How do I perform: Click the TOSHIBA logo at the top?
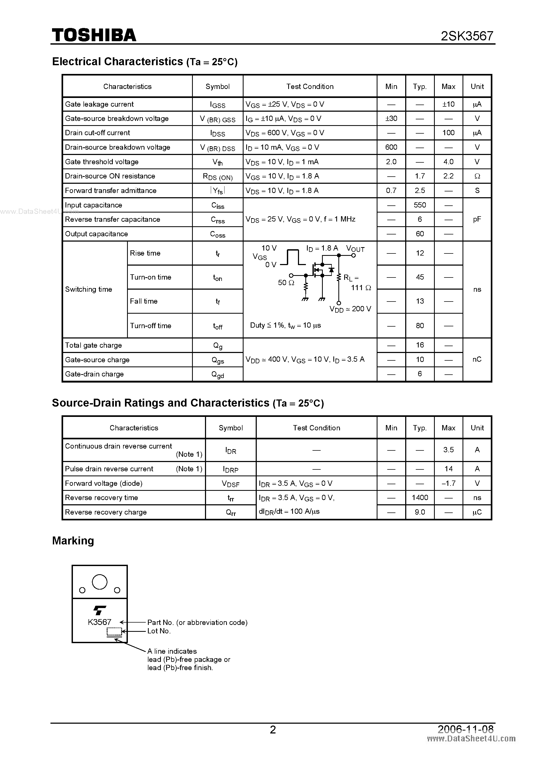(x=94, y=35)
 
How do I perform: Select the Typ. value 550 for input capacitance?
(x=419, y=205)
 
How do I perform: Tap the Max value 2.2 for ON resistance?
(x=448, y=176)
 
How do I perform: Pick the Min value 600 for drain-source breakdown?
(x=391, y=147)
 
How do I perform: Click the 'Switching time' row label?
(x=88, y=289)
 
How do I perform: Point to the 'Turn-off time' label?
(x=150, y=326)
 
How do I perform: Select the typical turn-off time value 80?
(x=419, y=326)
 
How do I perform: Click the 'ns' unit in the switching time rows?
(x=477, y=289)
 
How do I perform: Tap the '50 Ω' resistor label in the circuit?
(x=286, y=283)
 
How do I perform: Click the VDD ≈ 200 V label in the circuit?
(x=350, y=309)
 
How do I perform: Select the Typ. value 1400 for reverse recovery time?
(x=419, y=498)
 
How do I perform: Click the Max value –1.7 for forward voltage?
(x=448, y=483)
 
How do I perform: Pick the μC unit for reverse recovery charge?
(x=477, y=512)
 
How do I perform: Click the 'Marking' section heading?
(x=73, y=541)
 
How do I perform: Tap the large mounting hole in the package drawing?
(x=100, y=582)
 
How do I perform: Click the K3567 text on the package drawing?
(x=100, y=622)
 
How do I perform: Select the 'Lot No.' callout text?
(x=159, y=631)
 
